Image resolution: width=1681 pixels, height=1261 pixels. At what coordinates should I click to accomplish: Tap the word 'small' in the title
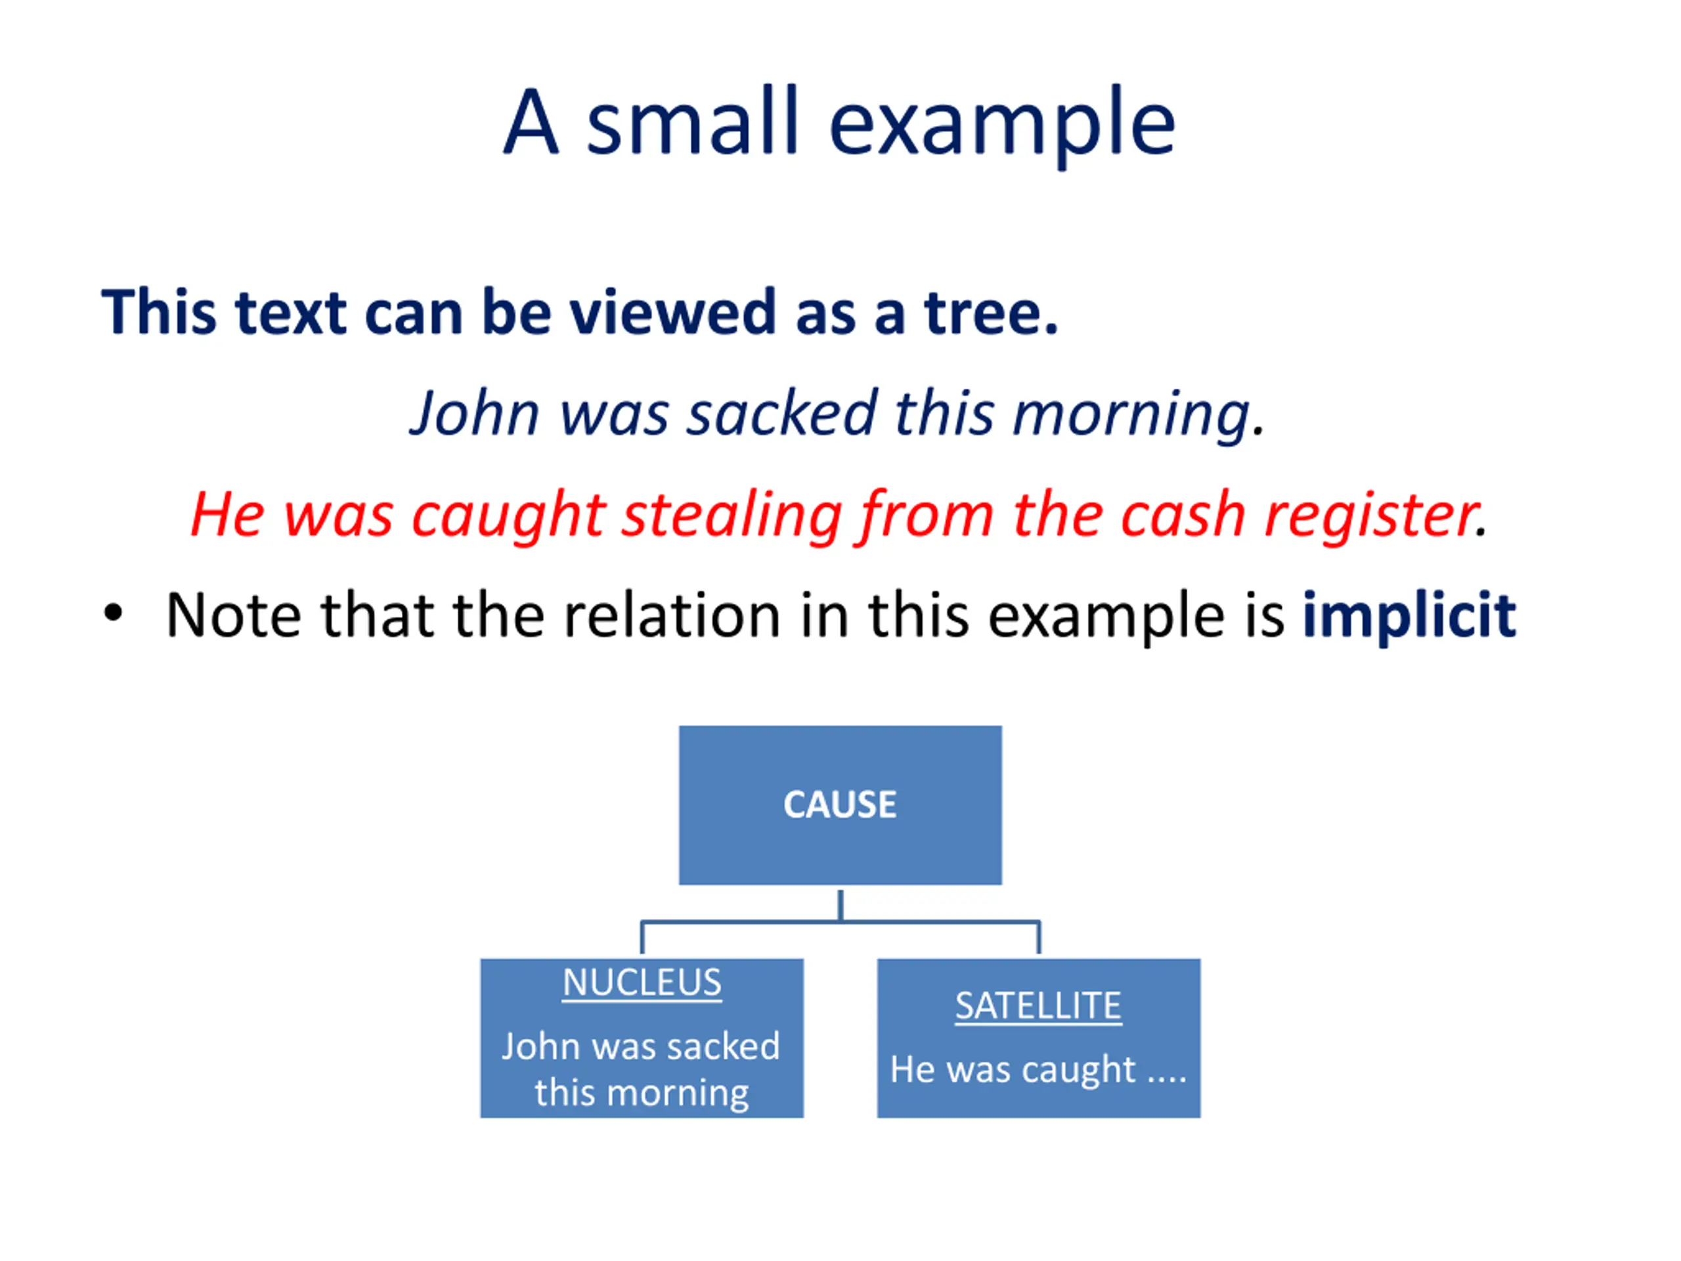click(692, 122)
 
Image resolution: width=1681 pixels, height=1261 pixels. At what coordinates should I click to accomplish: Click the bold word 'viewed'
click(672, 313)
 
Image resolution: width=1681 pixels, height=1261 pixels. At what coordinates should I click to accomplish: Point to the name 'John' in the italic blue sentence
click(475, 414)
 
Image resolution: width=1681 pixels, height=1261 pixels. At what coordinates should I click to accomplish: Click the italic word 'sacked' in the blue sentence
click(782, 414)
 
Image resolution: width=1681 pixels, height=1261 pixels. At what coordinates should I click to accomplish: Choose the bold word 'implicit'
click(1409, 615)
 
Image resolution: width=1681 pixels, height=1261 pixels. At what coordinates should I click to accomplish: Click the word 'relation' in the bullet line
click(672, 615)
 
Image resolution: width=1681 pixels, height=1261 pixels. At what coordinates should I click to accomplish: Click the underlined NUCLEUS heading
click(642, 983)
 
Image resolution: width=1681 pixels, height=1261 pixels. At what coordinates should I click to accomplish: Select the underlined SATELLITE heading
click(1038, 1006)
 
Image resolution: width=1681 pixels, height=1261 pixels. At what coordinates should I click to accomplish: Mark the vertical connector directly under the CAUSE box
click(840, 904)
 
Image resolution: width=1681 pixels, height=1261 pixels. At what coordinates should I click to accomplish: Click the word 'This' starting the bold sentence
click(159, 313)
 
